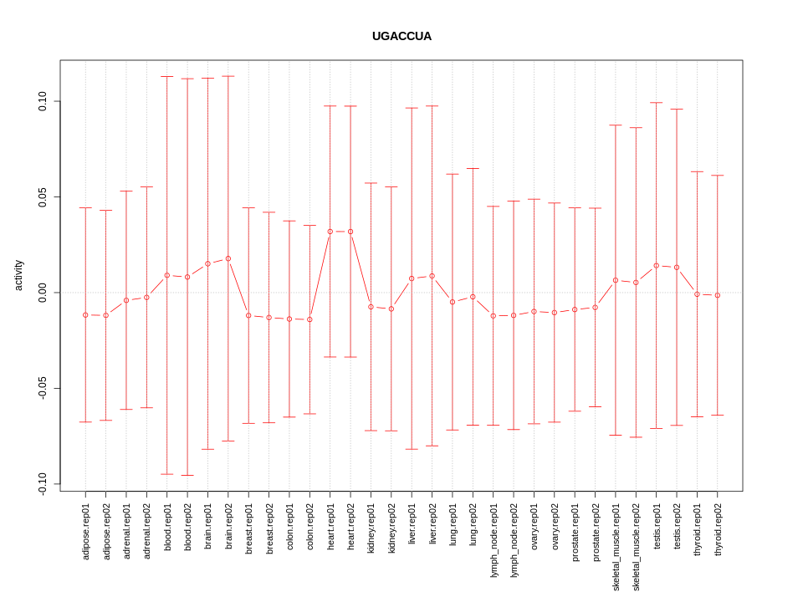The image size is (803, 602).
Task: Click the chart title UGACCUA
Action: coord(401,37)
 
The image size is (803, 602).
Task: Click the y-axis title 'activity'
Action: coord(18,275)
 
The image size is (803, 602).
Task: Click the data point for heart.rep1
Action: coord(330,232)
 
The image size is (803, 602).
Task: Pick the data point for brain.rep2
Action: coord(228,258)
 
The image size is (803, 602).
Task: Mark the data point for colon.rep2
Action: coord(309,319)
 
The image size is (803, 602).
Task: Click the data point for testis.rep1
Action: coord(657,266)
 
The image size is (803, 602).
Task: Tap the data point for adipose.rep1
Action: coord(85,315)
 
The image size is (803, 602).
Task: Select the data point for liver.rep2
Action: coord(432,276)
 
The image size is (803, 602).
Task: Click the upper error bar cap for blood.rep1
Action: coord(167,77)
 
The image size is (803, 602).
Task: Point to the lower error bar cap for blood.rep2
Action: coord(187,475)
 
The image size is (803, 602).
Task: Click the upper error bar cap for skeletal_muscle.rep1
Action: coord(616,125)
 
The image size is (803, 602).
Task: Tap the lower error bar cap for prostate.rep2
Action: coord(596,406)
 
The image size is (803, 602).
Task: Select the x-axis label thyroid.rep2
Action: coord(718,531)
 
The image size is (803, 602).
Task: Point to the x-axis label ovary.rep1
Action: coord(534,528)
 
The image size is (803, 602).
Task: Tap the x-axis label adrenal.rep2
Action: coord(147,533)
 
